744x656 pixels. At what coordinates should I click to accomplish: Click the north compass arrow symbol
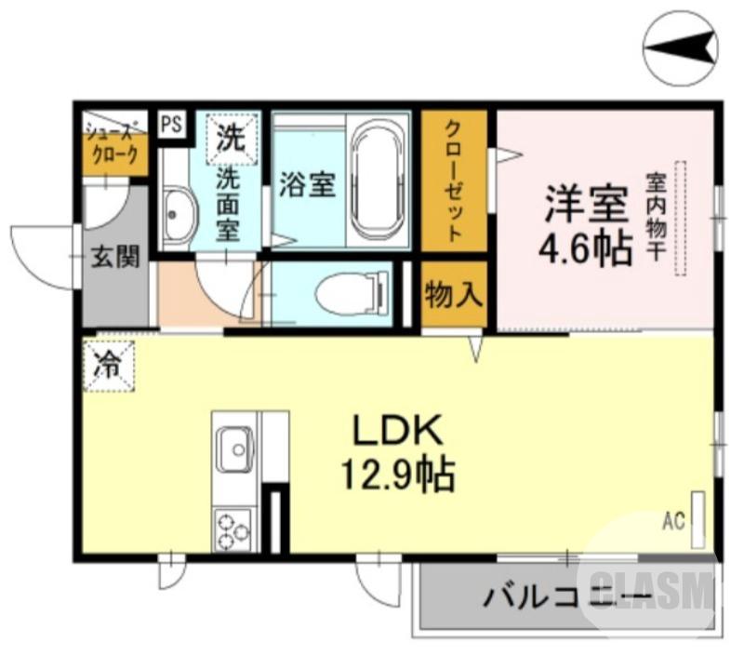684,47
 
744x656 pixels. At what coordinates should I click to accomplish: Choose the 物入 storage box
453,297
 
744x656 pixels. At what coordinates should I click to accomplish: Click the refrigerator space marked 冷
108,365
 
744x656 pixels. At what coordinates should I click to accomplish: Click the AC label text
673,520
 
